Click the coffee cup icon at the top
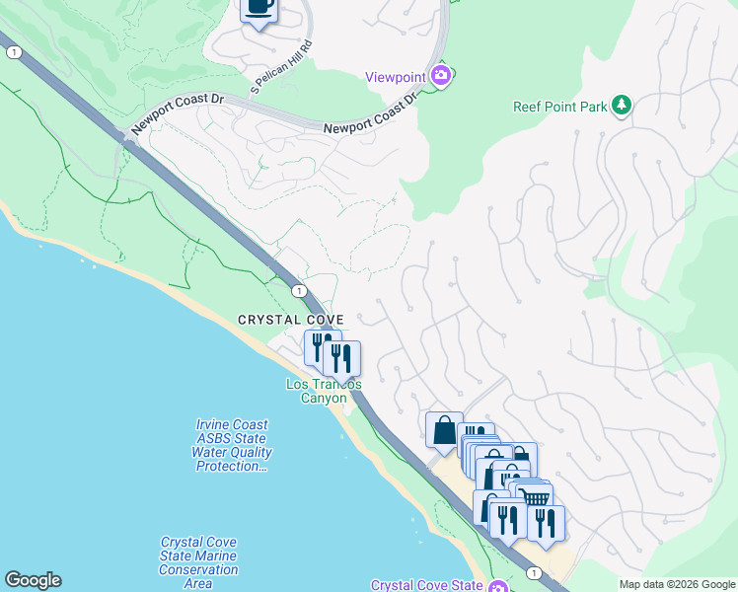[259, 7]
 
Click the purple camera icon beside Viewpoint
[441, 76]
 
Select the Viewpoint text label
[395, 77]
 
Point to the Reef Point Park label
[558, 105]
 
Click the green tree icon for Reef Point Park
[621, 105]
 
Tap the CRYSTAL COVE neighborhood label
[290, 320]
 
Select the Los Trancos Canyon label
[323, 391]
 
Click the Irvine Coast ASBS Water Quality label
[231, 445]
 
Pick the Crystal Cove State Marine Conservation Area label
[198, 562]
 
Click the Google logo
[33, 580]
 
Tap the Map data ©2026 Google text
[676, 584]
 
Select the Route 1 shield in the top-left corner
[13, 53]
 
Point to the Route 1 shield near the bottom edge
[533, 572]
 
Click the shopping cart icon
[536, 497]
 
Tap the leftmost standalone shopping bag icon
[444, 429]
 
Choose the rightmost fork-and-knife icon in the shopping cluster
[546, 521]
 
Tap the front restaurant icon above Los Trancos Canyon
[341, 357]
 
